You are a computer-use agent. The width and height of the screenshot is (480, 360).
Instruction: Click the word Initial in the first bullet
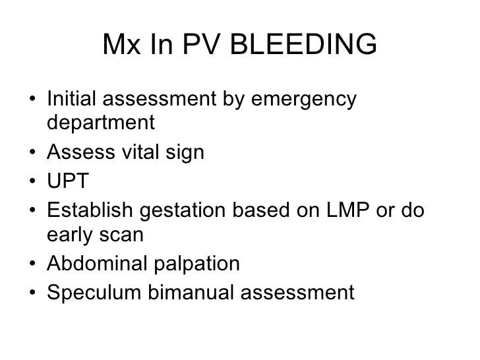point(71,101)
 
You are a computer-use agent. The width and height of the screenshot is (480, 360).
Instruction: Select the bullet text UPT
point(65,181)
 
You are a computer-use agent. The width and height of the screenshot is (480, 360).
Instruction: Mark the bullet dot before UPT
point(33,181)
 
